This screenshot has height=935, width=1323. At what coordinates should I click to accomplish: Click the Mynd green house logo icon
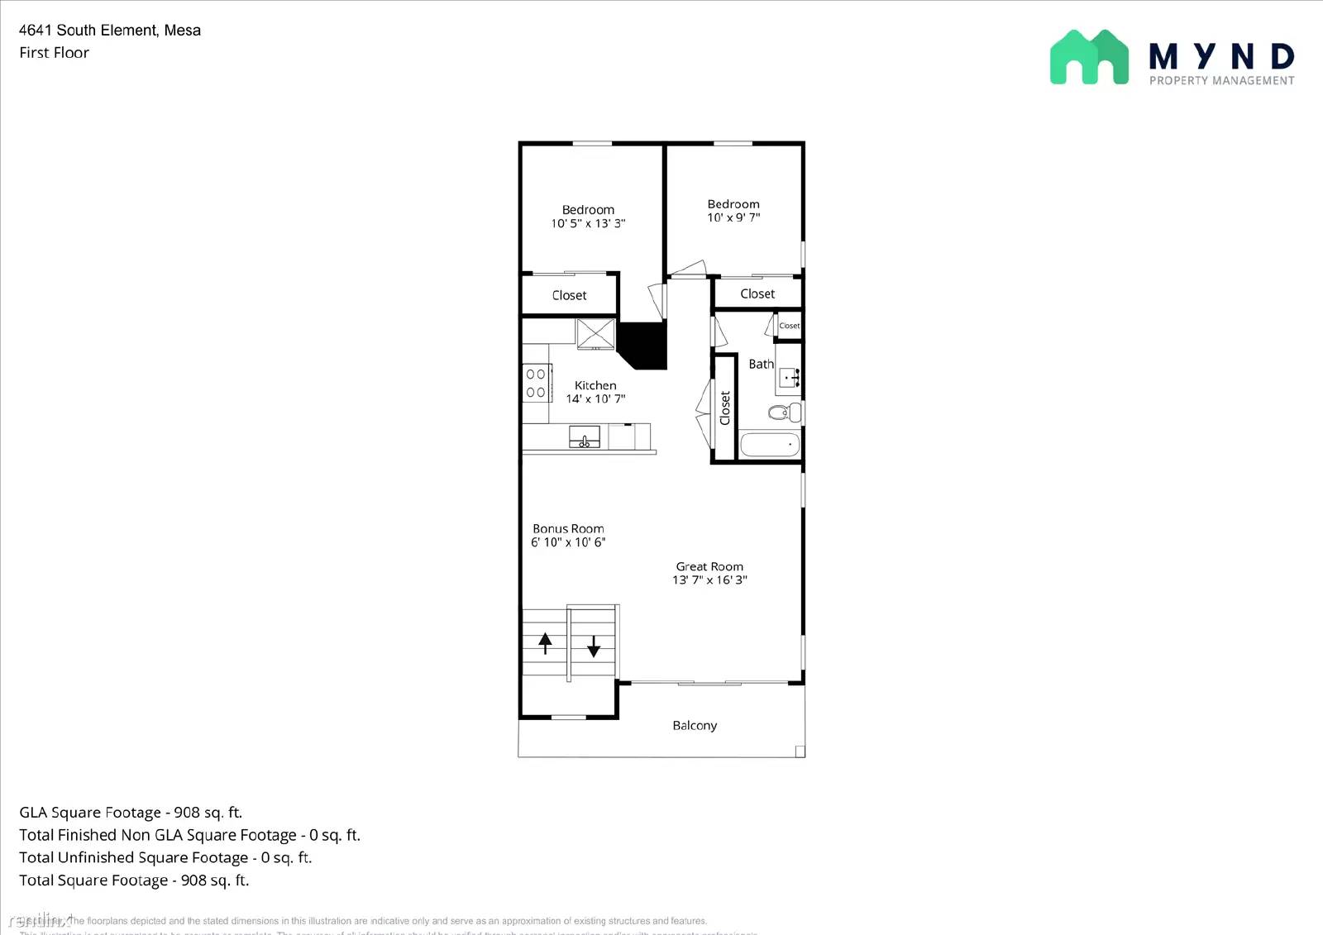point(1089,57)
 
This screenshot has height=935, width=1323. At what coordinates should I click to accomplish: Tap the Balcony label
point(695,725)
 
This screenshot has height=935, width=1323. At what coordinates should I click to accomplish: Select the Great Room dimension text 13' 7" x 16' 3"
point(709,580)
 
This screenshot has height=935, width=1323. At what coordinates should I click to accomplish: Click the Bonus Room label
point(568,528)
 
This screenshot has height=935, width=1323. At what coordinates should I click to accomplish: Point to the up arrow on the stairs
point(545,642)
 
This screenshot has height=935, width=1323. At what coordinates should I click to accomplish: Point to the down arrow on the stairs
point(594,646)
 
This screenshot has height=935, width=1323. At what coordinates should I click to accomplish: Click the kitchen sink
point(585,436)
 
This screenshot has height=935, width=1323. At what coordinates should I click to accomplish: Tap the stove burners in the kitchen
point(536,383)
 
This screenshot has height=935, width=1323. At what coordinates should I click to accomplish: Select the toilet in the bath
point(783,412)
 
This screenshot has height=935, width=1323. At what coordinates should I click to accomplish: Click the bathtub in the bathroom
point(770,445)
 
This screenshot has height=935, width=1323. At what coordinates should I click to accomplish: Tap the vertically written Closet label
point(725,408)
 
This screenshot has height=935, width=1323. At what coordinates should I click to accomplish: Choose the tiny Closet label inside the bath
point(790,326)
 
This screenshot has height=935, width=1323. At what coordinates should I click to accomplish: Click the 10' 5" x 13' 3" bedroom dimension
point(588,223)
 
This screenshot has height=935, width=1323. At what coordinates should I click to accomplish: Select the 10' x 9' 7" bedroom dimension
point(733,217)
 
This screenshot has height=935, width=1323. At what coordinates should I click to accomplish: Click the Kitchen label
point(595,385)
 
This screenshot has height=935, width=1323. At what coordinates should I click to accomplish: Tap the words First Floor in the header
point(55,53)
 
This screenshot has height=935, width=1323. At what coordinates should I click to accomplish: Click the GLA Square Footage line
point(131,813)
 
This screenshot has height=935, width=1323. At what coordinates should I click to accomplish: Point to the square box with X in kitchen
point(595,334)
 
